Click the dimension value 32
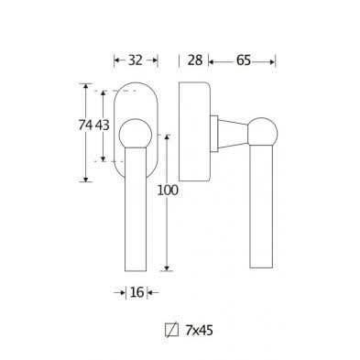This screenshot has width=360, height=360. (135, 60)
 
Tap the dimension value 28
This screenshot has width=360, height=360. (193, 60)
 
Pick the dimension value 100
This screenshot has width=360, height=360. (167, 191)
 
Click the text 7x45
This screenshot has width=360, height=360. (199, 327)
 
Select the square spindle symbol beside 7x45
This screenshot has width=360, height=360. (169, 327)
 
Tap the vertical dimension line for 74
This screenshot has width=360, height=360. (87, 165)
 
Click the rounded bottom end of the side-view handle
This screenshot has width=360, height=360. (263, 266)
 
